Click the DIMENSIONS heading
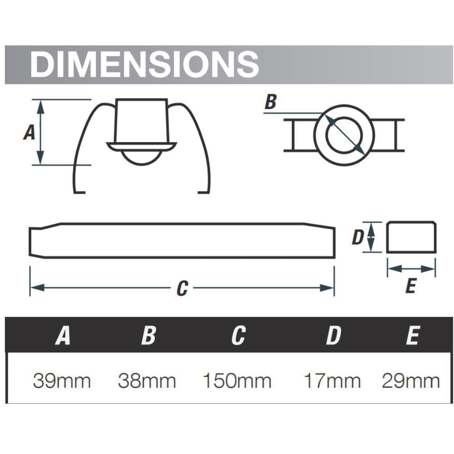tap(144, 64)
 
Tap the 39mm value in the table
tap(62, 381)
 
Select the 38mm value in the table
tap(147, 381)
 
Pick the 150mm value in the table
tap(237, 381)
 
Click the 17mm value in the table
tap(332, 381)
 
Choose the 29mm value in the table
tap(411, 381)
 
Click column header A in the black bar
tap(63, 336)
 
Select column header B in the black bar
tap(148, 336)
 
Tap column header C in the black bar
tap(238, 336)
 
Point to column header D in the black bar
tap(333, 336)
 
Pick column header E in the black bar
tap(412, 336)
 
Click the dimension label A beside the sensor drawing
tap(29, 133)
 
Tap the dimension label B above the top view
tap(270, 102)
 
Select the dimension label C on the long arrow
tap(182, 288)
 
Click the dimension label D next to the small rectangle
tap(358, 237)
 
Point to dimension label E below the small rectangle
tap(410, 286)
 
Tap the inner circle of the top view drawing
tap(344, 135)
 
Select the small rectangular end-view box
tap(411, 237)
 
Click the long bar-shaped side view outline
tap(182, 240)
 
